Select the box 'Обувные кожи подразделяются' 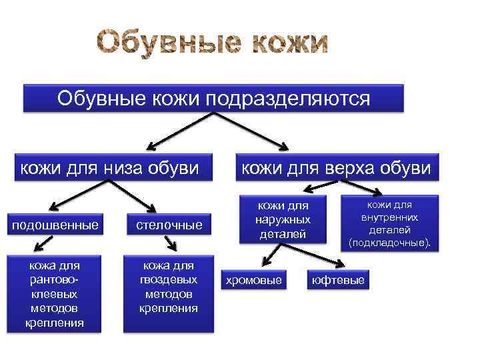(x=213, y=98)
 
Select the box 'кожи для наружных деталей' (x=283, y=218)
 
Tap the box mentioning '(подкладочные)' (x=390, y=223)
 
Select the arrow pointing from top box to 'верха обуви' (x=253, y=130)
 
